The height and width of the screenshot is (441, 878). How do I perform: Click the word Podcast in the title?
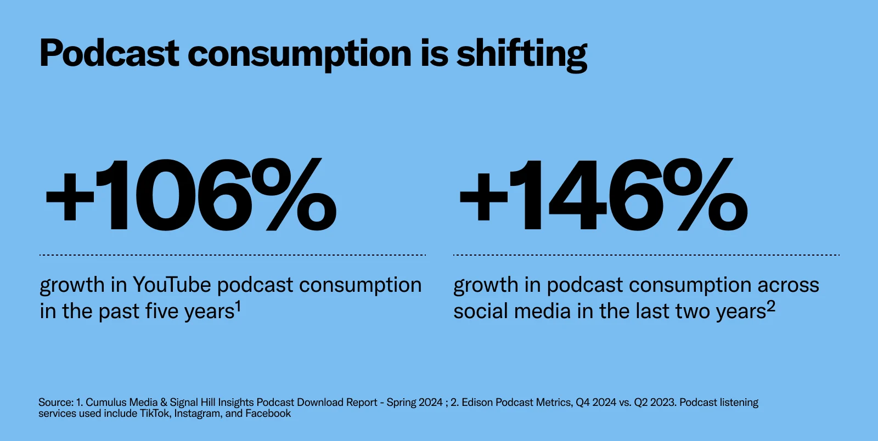(109, 54)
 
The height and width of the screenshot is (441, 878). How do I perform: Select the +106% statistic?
(191, 195)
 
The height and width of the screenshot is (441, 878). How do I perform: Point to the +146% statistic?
(603, 195)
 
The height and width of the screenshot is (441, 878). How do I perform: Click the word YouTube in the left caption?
(172, 285)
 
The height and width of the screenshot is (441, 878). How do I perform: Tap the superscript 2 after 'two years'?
(771, 307)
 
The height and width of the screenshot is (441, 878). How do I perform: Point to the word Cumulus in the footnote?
(106, 403)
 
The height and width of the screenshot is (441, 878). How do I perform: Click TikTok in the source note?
(155, 414)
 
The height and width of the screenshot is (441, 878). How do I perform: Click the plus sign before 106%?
(70, 196)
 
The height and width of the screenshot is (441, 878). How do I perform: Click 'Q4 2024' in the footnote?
(595, 403)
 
